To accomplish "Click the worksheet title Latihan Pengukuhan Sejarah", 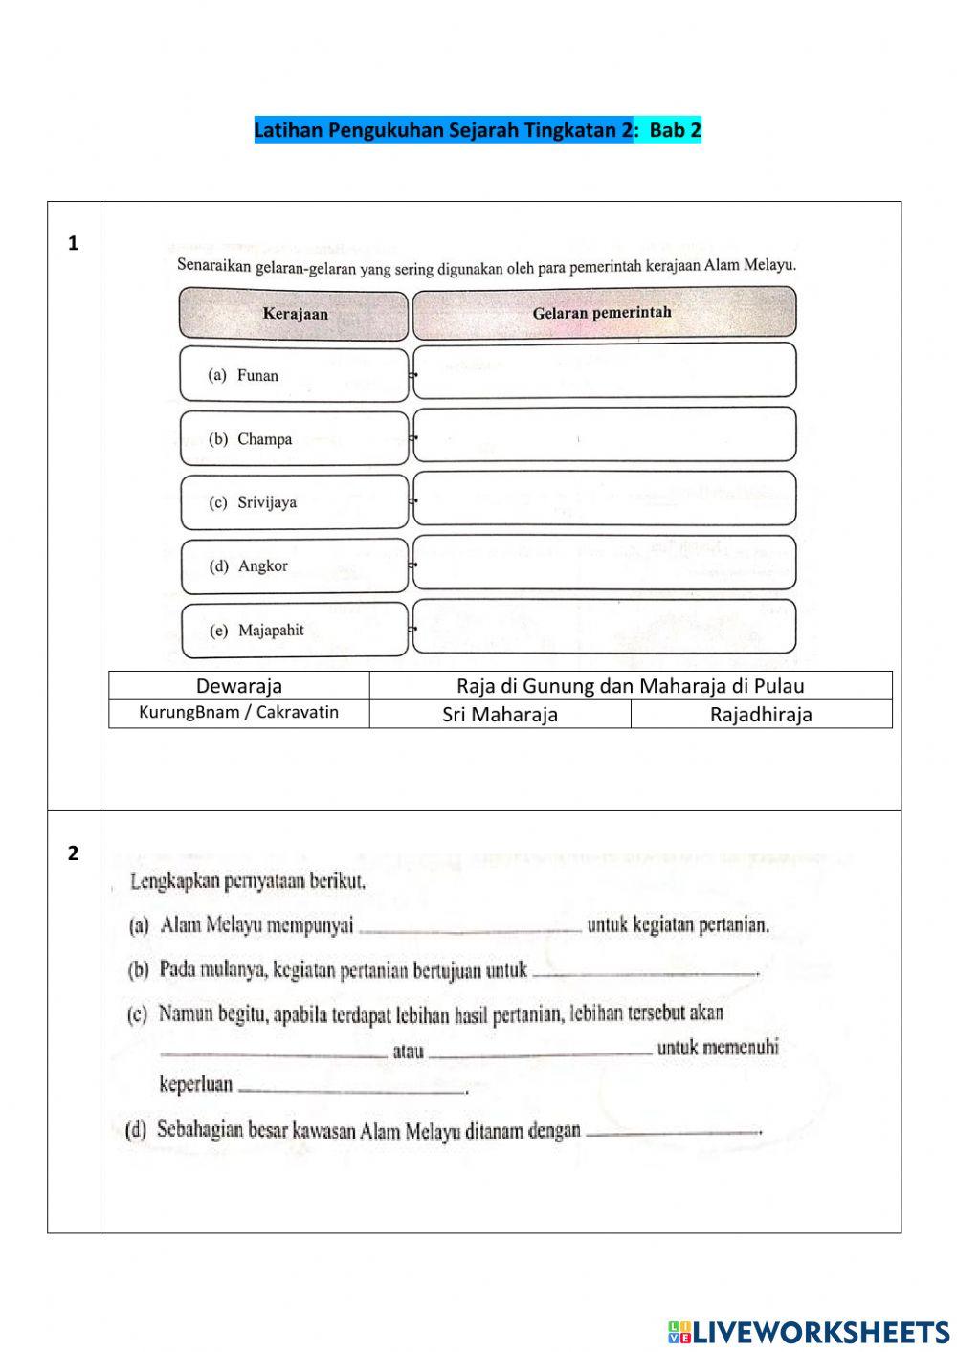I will [478, 130].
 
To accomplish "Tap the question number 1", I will [73, 244].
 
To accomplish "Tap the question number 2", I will [73, 853].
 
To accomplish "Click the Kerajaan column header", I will [295, 315].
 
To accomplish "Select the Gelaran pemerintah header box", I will [603, 313].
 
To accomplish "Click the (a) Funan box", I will [294, 375].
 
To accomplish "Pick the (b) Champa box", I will [294, 439].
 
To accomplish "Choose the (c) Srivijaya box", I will [294, 502].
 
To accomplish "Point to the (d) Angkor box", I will [294, 566].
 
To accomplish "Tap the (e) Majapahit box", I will [294, 631].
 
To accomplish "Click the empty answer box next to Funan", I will [604, 370].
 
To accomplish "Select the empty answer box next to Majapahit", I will [604, 627].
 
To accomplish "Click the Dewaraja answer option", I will [239, 686].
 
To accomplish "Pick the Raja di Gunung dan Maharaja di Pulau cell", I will [631, 686].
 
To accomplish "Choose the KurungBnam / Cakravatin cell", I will [239, 713].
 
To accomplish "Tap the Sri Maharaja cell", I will [500, 715].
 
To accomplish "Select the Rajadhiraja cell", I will [761, 715].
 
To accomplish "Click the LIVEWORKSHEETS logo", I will [809, 1331].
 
